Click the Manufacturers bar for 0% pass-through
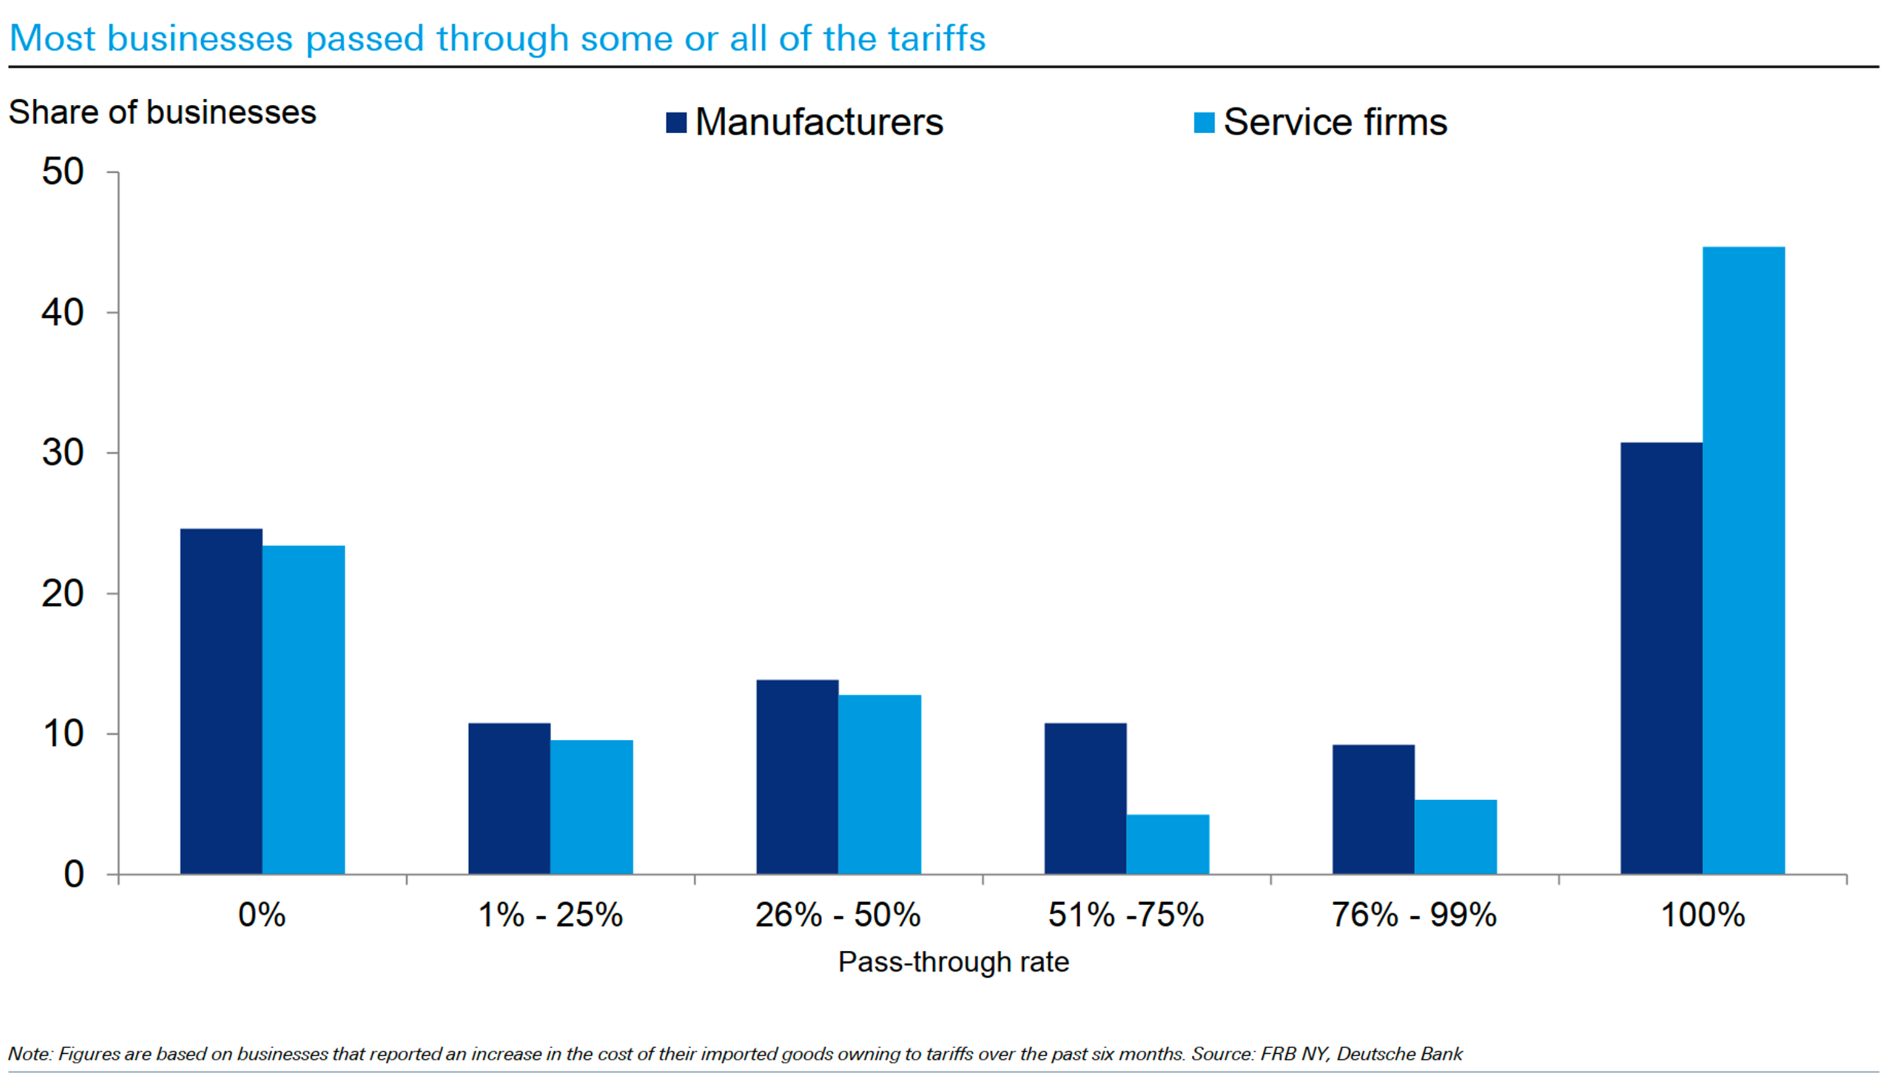(221, 701)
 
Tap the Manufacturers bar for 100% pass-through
(1661, 658)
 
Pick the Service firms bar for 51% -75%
(1167, 844)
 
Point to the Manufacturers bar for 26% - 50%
(797, 777)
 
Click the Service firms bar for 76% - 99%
(1455, 837)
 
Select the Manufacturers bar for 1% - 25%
(509, 798)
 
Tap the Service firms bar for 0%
(303, 710)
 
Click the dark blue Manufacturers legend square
(676, 123)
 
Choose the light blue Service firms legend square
(1204, 123)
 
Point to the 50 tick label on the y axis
(63, 172)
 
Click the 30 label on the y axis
(63, 453)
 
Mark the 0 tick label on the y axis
(74, 875)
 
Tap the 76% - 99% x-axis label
(1413, 915)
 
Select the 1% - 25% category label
(551, 915)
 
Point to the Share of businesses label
(162, 113)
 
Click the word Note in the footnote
(29, 1054)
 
